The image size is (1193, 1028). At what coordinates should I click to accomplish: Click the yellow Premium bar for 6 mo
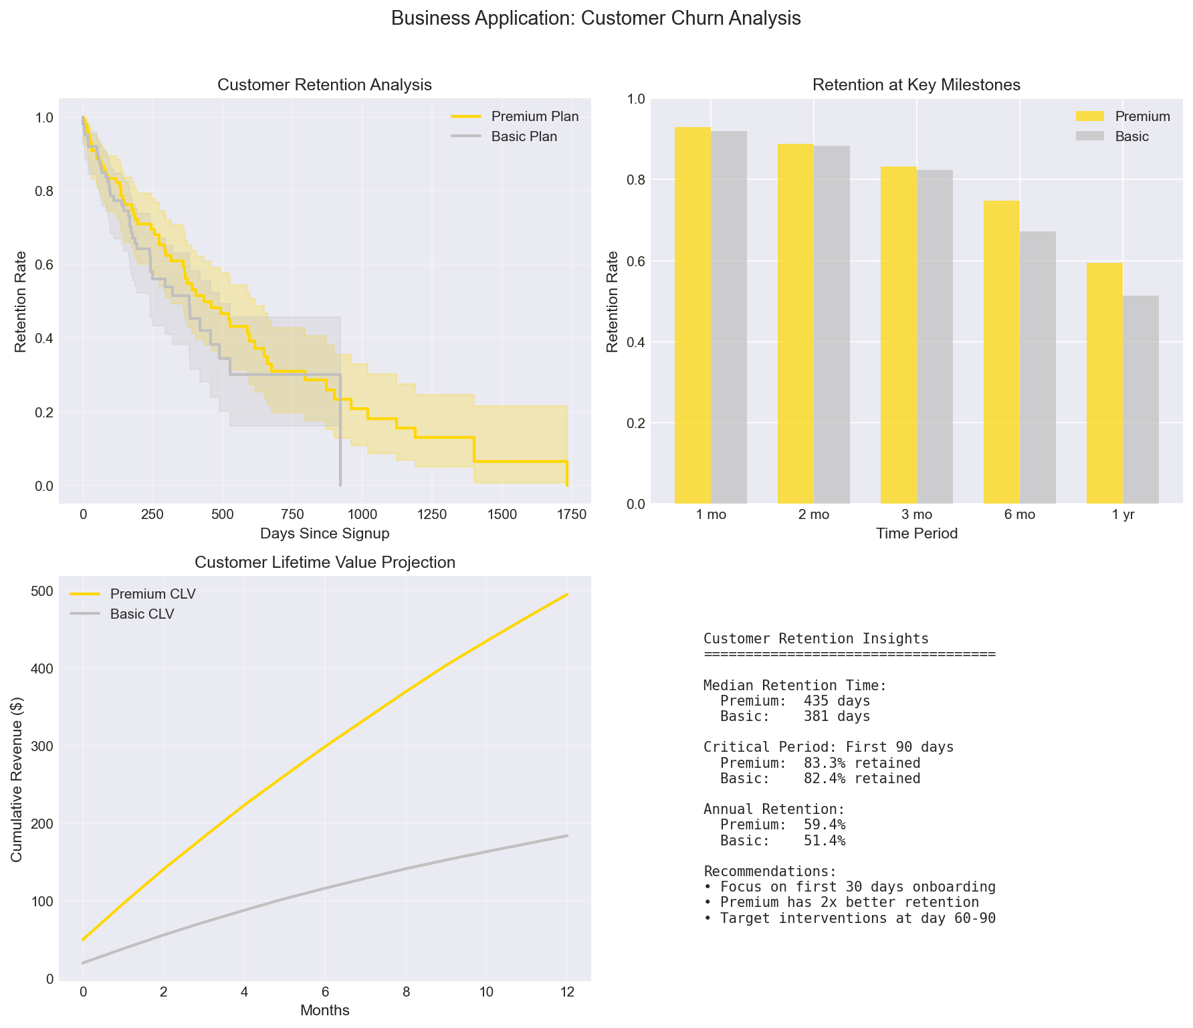pyautogui.click(x=1001, y=352)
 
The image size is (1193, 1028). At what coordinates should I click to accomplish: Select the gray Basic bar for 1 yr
pyautogui.click(x=1141, y=399)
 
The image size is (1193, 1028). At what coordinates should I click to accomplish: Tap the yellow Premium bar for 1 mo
pyautogui.click(x=693, y=315)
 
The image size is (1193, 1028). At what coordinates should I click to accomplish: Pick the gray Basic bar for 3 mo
pyautogui.click(x=935, y=336)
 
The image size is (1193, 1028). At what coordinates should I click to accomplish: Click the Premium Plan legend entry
pyautogui.click(x=534, y=116)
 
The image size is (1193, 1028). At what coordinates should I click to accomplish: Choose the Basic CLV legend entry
pyautogui.click(x=142, y=614)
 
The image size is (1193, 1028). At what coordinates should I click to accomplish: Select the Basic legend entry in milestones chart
pyautogui.click(x=1131, y=136)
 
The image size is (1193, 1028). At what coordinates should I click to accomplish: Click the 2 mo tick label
pyautogui.click(x=814, y=515)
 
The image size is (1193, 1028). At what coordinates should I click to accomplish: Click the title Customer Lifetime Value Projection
pyautogui.click(x=325, y=562)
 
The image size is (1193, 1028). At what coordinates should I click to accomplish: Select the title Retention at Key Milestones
pyautogui.click(x=916, y=85)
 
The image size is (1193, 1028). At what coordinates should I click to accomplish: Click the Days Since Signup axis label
pyautogui.click(x=325, y=534)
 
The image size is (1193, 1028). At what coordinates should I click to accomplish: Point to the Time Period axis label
pyautogui.click(x=916, y=534)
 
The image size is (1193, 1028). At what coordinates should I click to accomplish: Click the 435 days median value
pyautogui.click(x=837, y=701)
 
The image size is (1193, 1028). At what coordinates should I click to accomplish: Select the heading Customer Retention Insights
pyautogui.click(x=816, y=639)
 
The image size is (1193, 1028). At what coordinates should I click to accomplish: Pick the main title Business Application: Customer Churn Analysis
pyautogui.click(x=596, y=19)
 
